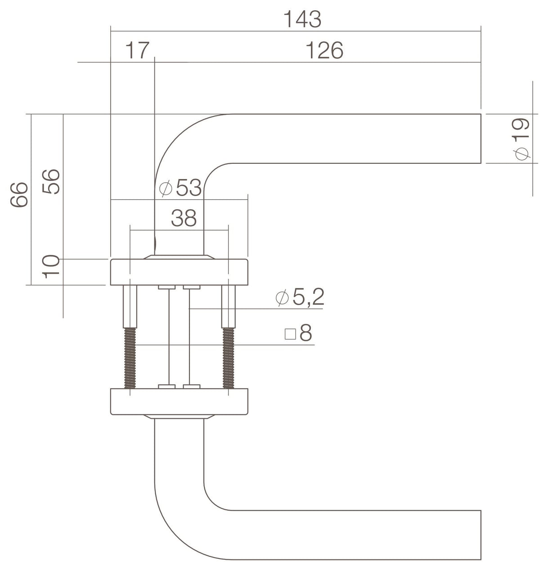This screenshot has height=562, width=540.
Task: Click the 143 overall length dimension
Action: pos(302,19)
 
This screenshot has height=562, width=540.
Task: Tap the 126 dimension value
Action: pos(324,50)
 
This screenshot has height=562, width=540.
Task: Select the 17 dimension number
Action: pos(137,50)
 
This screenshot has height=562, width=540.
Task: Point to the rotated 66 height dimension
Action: pos(19,194)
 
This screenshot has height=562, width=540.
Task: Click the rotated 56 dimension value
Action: pos(51,181)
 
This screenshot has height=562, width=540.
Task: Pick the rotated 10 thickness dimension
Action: pos(51,266)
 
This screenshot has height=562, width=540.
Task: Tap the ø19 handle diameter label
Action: pos(522,139)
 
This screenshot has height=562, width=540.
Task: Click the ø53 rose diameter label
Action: pos(180,188)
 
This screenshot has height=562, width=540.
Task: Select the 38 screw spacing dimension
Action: pos(184,218)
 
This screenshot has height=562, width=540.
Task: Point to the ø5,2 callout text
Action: pos(300,297)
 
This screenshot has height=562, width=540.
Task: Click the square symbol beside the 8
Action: pos(290,334)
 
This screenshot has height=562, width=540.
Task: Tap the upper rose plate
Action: pos(179,272)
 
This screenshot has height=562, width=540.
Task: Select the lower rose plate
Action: pos(179,401)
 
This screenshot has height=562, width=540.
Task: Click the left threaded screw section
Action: pos(130,358)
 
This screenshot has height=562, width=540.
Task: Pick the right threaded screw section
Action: pos(229,358)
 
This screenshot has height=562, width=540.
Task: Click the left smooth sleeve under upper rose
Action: pos(130,306)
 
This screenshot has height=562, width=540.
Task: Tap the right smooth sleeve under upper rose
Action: pos(229,306)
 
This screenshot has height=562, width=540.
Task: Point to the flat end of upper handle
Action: pos(481,139)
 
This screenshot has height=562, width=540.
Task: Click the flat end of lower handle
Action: pos(481,535)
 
